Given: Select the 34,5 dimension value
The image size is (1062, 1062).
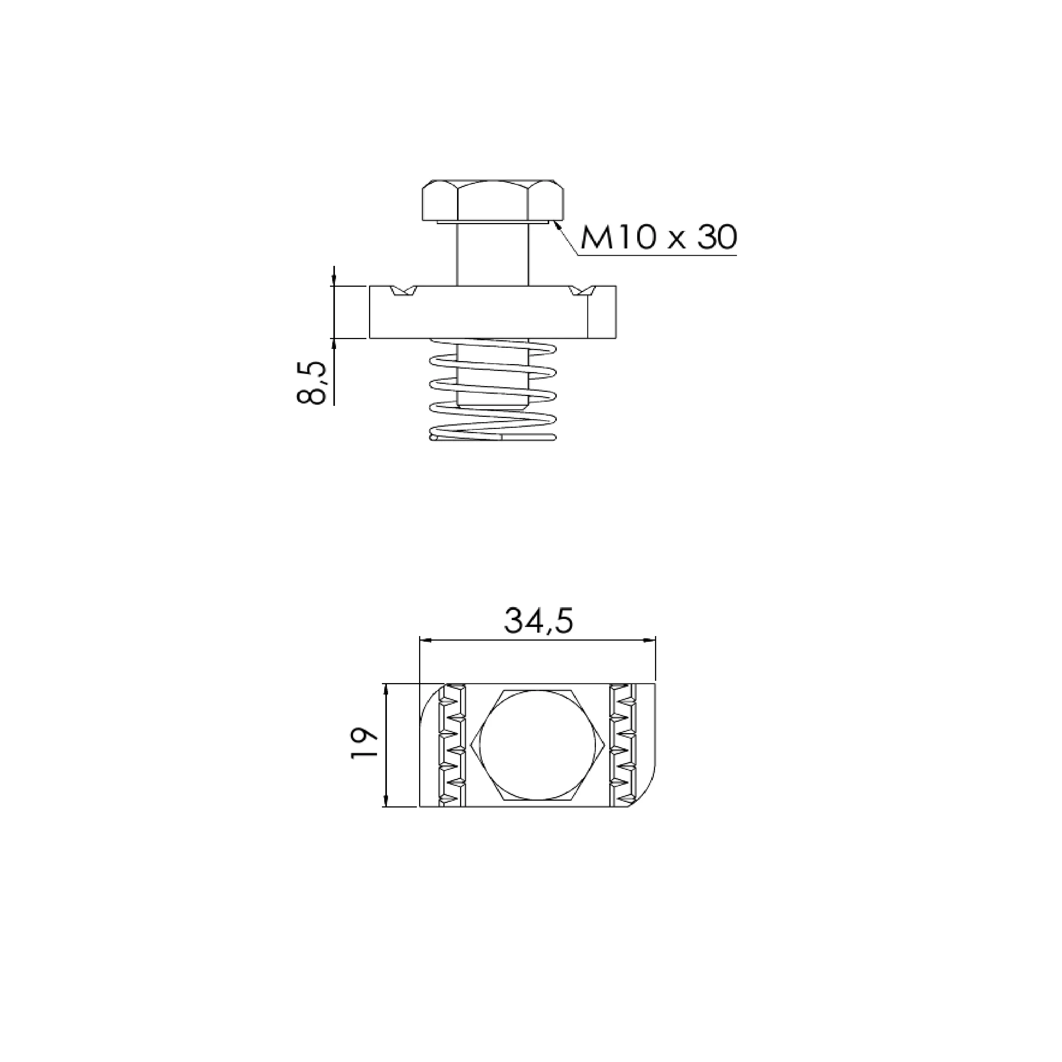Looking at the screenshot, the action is (539, 622).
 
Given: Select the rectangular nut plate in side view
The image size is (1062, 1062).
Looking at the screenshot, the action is (493, 312).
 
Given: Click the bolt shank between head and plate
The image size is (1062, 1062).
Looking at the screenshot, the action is (493, 254).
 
